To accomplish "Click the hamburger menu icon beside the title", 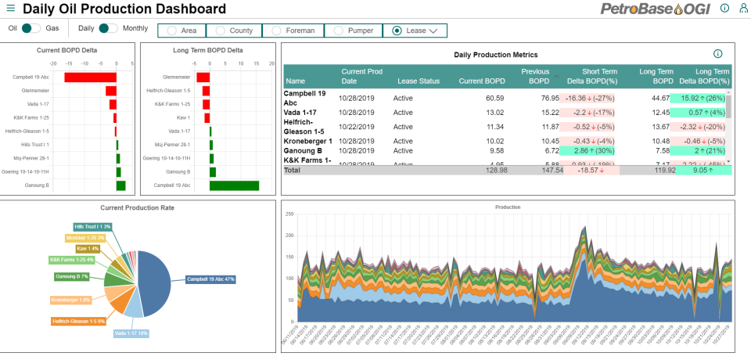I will pyautogui.click(x=11, y=9).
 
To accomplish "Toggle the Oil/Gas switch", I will pyautogui.click(x=31, y=28).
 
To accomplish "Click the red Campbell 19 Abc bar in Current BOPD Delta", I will pyautogui.click(x=90, y=77).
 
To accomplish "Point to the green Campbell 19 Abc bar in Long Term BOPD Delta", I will pyautogui.click(x=234, y=185).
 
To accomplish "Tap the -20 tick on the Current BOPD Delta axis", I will pyautogui.click(x=53, y=63).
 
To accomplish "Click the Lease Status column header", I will pyautogui.click(x=419, y=81).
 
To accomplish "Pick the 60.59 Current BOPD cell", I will pyautogui.click(x=494, y=99).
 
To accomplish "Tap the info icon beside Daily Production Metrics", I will pyautogui.click(x=717, y=54).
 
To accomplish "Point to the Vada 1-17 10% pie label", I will pyautogui.click(x=131, y=333).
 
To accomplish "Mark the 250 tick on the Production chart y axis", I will pyautogui.click(x=289, y=214).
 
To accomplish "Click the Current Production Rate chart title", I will pyautogui.click(x=137, y=207).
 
